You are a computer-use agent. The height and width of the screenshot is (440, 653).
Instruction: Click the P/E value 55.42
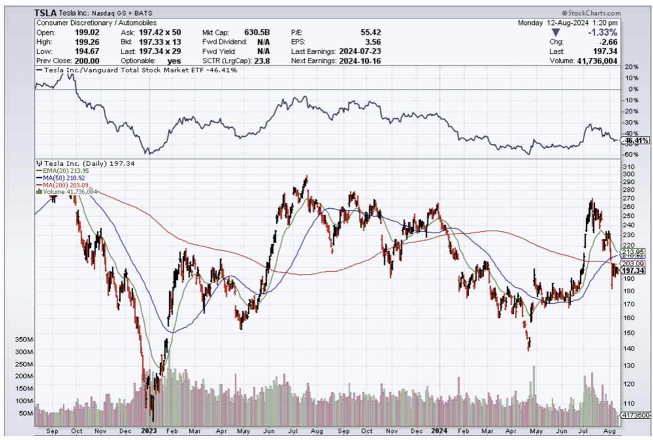[x=368, y=33]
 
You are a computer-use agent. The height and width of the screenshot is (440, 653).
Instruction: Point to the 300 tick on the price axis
[x=629, y=174]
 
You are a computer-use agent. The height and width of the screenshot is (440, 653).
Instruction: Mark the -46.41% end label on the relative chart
[x=636, y=141]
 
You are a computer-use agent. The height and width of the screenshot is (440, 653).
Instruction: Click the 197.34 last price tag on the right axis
[x=634, y=271]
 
